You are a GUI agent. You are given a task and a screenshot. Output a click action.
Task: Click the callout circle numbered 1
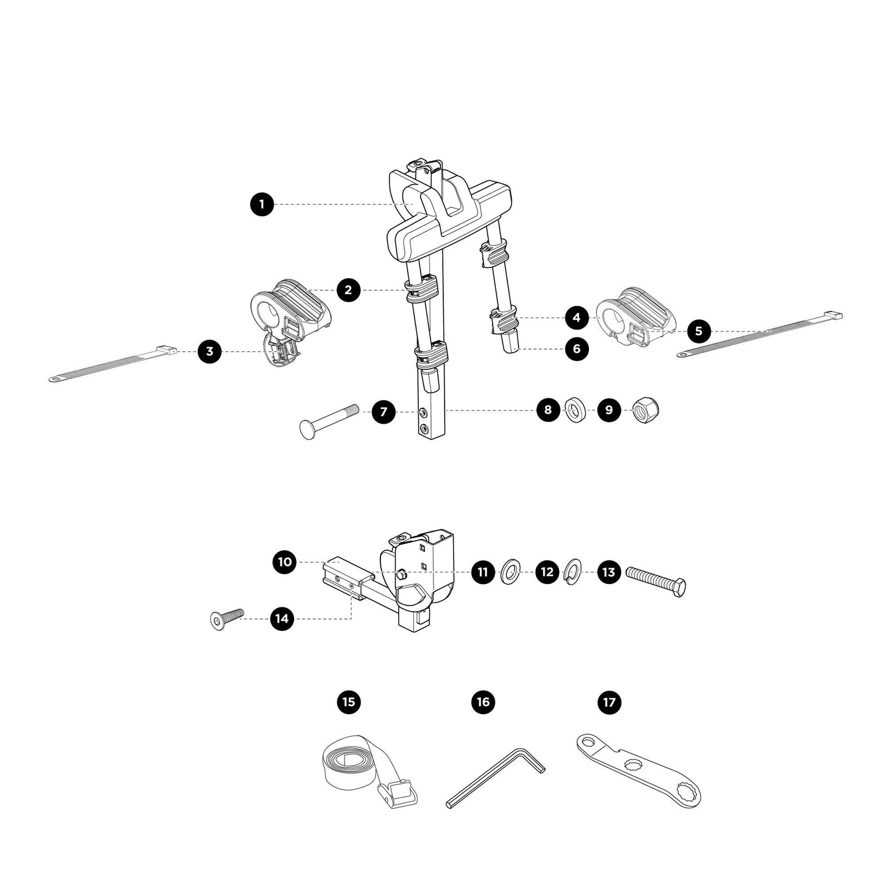[262, 204]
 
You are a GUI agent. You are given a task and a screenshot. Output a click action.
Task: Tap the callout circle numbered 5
[698, 331]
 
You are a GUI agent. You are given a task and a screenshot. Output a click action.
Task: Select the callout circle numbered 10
[284, 562]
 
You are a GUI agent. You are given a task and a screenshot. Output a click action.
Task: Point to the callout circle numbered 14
[282, 618]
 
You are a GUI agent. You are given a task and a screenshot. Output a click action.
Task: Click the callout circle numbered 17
[609, 702]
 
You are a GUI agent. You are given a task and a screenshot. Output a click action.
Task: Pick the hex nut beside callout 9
[647, 411]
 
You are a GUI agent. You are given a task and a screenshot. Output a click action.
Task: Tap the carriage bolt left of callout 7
[327, 421]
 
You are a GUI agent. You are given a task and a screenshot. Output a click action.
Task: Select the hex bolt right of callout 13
[656, 581]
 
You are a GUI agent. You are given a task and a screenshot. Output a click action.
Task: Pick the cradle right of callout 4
[635, 316]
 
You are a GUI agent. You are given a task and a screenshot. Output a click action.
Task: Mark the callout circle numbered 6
[577, 349]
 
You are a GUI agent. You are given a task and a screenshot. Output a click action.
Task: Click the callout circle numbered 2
[348, 290]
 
